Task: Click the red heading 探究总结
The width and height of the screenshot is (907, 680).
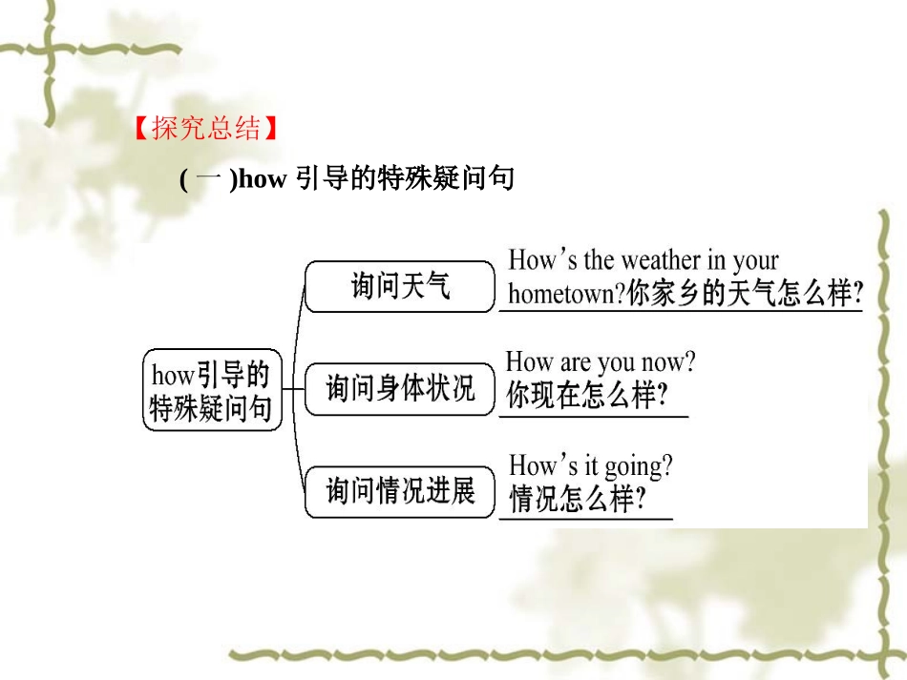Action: point(205,129)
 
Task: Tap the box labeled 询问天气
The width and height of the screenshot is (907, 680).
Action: point(400,285)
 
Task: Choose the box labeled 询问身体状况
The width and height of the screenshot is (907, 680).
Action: point(400,389)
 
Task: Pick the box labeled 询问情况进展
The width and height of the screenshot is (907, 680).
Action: point(400,492)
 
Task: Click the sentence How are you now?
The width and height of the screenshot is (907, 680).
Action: point(601,362)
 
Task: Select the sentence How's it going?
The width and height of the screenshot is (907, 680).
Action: point(590,466)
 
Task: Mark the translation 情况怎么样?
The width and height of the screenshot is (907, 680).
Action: point(578,499)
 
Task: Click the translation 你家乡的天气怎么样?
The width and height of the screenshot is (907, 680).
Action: point(745,294)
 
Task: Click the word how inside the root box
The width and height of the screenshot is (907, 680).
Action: point(172,375)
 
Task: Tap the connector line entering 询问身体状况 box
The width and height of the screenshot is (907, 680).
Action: point(295,389)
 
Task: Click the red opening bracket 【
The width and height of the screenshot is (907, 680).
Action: point(141,129)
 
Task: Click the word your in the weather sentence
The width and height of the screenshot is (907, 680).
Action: point(755,260)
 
